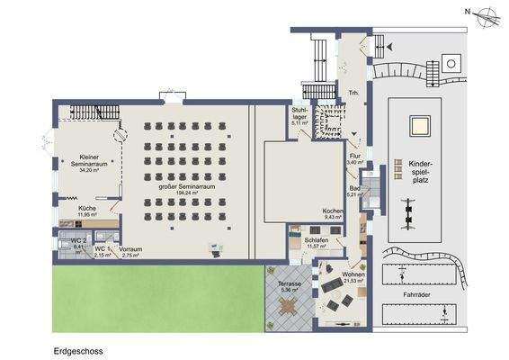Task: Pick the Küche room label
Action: [x=87, y=208]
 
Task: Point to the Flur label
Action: [x=354, y=156]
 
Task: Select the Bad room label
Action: [x=354, y=188]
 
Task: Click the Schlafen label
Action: [x=316, y=240]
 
